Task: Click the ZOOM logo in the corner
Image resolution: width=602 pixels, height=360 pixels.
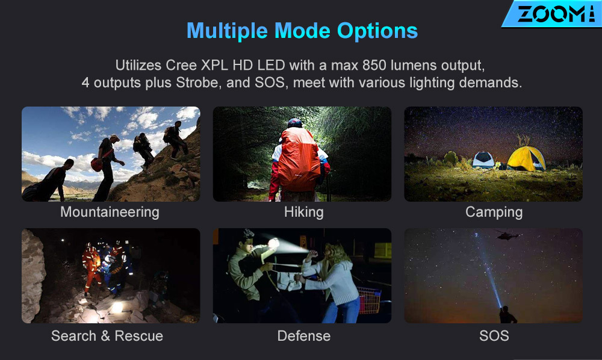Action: pyautogui.click(x=553, y=14)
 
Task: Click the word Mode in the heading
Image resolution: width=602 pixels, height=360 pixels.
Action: pyautogui.click(x=302, y=31)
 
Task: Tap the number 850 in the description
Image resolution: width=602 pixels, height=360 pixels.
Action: pyautogui.click(x=374, y=65)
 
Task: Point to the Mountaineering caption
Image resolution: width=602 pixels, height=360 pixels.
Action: pyautogui.click(x=110, y=213)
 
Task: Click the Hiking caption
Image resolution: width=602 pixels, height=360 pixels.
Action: pyautogui.click(x=303, y=213)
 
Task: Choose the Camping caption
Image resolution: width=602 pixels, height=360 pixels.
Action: pyautogui.click(x=494, y=213)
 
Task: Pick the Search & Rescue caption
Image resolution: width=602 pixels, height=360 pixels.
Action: pyautogui.click(x=107, y=336)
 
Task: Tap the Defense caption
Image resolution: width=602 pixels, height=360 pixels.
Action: pyautogui.click(x=303, y=336)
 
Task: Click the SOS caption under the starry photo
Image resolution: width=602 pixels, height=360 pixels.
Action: pyautogui.click(x=494, y=336)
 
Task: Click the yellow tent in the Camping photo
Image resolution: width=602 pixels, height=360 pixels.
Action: pyautogui.click(x=527, y=158)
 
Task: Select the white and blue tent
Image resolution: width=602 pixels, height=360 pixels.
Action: pyautogui.click(x=483, y=160)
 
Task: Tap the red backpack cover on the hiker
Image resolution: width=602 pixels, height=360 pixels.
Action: pyautogui.click(x=299, y=160)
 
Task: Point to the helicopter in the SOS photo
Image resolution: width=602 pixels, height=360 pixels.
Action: pyautogui.click(x=506, y=235)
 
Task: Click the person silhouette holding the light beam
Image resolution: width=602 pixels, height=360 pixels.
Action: pyautogui.click(x=507, y=315)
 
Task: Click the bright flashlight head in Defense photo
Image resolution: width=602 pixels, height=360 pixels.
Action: pyautogui.click(x=273, y=243)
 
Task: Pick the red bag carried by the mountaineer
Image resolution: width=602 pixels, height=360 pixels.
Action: pyautogui.click(x=96, y=164)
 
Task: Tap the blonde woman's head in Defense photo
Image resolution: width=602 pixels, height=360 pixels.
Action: pyautogui.click(x=334, y=253)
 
